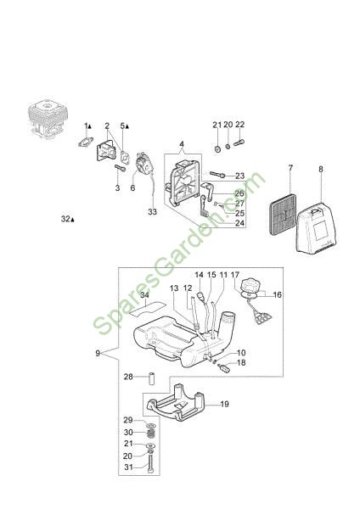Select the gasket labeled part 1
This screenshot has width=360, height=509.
86,142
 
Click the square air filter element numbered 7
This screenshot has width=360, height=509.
283,215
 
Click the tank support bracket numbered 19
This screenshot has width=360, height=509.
176,403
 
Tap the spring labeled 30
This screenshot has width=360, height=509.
150,433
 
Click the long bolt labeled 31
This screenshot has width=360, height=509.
150,463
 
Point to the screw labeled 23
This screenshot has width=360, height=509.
217,175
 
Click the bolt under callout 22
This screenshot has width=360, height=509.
239,143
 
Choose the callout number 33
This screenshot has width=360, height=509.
152,211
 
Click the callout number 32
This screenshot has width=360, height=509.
65,219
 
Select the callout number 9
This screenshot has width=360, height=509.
98,353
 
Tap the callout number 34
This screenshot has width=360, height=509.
145,294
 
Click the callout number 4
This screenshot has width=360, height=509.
182,144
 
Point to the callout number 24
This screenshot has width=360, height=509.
239,223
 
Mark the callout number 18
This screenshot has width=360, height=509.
241,362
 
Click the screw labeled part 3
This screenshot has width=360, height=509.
120,168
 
